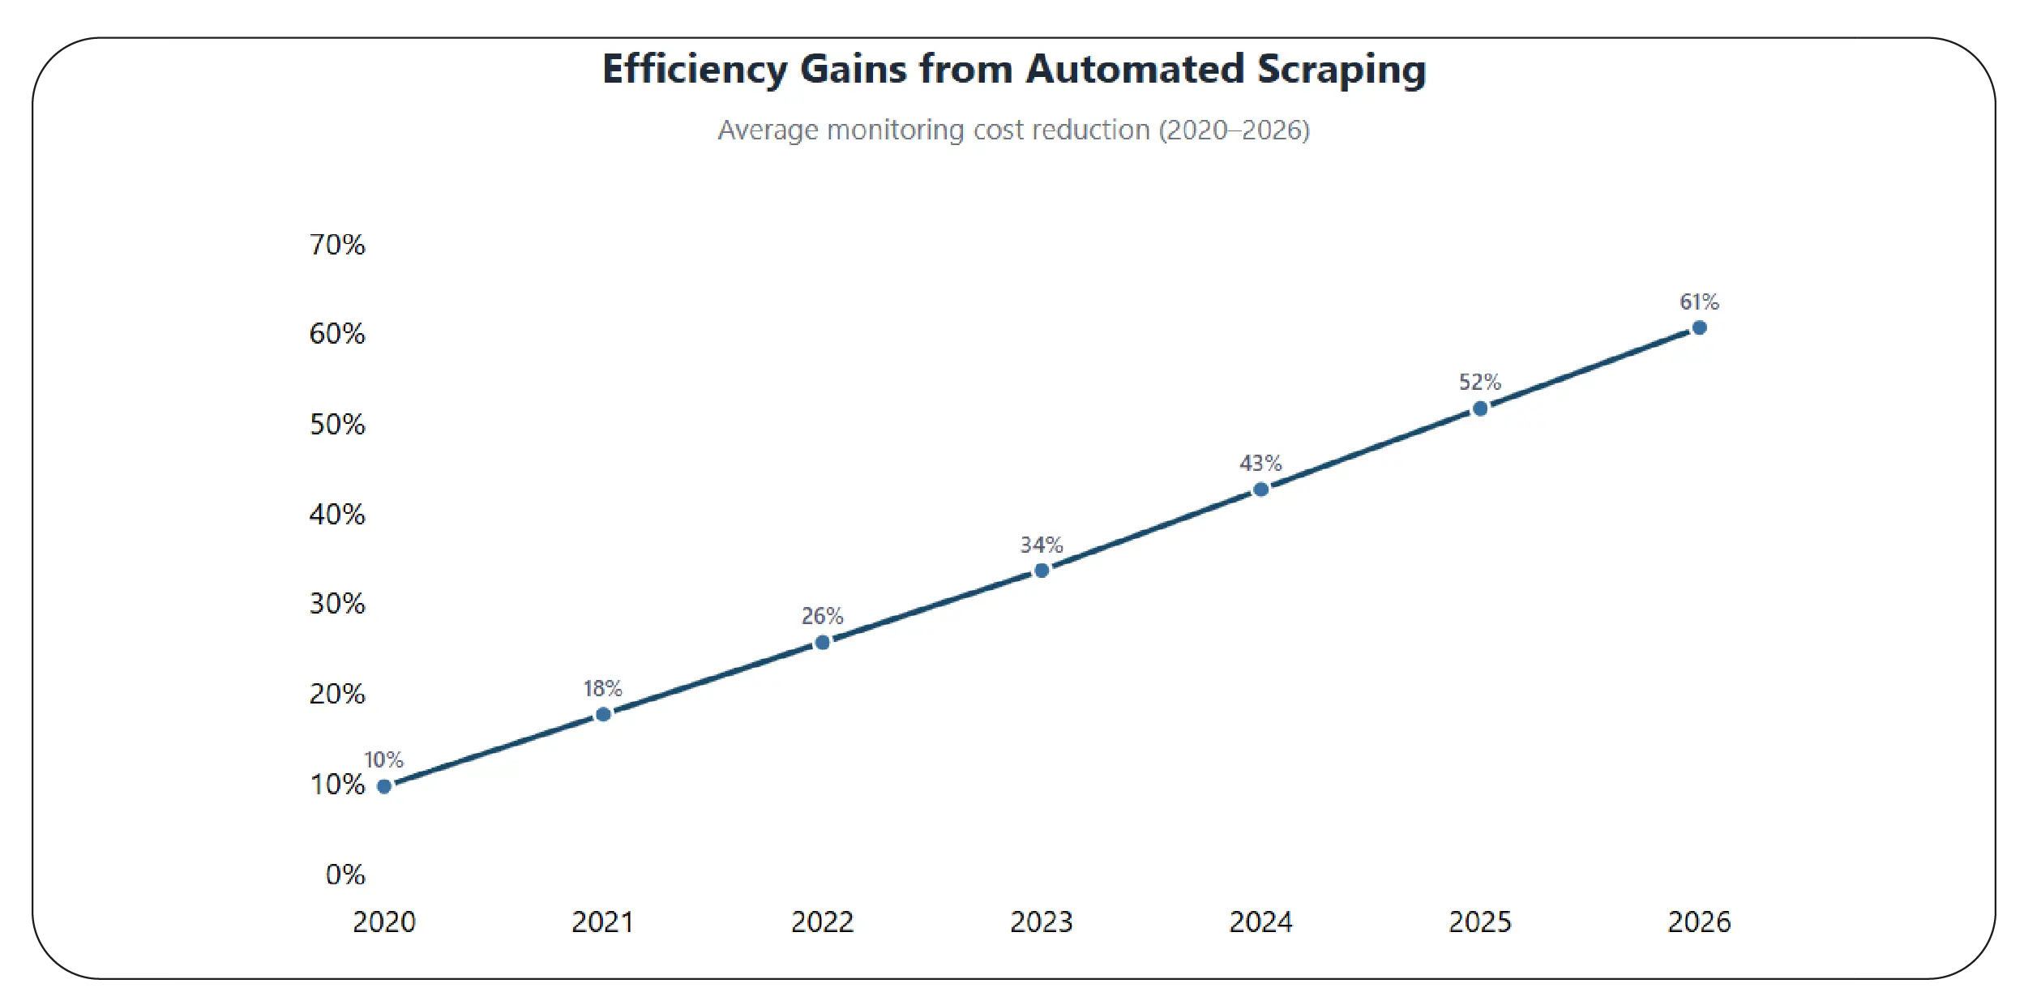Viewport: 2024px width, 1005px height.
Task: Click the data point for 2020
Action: point(384,786)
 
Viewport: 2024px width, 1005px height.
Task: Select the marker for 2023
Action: point(1042,571)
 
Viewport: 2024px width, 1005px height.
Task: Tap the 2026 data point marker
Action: point(1699,327)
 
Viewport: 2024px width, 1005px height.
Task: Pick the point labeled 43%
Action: point(1260,490)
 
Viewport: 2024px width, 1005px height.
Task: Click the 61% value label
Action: point(1699,302)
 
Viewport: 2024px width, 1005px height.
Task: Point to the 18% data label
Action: point(602,689)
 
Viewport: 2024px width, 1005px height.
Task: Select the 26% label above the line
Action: point(822,616)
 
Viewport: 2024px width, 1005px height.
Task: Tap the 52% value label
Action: point(1479,382)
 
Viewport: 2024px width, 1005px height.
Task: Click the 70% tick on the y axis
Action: point(337,245)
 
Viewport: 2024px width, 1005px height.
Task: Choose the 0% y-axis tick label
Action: point(345,875)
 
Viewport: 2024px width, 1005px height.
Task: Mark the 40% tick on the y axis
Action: point(337,515)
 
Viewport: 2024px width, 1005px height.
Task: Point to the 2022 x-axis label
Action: point(822,922)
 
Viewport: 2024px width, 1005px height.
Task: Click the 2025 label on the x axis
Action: point(1479,922)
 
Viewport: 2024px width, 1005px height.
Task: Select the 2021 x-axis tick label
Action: point(602,922)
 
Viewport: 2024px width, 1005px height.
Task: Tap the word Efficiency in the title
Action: point(694,70)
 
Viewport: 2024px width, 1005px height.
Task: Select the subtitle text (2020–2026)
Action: point(1234,130)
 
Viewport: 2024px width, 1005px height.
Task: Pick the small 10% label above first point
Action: point(383,760)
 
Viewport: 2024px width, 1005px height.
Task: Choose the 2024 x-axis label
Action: point(1260,922)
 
